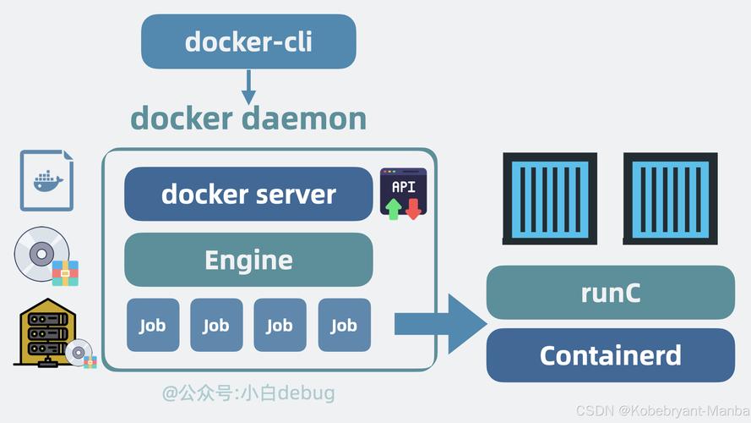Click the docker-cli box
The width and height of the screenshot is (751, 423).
click(248, 41)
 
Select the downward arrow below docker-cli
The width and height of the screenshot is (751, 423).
click(248, 86)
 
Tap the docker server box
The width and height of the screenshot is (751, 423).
click(248, 194)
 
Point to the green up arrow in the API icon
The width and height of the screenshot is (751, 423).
click(394, 208)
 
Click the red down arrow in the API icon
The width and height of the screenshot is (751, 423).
click(413, 208)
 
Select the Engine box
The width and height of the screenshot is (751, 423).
click(248, 260)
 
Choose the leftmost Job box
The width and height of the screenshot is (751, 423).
click(153, 325)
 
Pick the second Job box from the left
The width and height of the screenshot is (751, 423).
click(216, 325)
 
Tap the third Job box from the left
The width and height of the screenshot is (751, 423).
click(280, 325)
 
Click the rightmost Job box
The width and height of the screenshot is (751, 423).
click(344, 325)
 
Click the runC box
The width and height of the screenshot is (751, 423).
click(610, 293)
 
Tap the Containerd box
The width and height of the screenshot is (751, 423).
click(610, 355)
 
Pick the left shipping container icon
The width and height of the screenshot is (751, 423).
click(549, 197)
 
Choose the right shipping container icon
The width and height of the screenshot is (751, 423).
click(670, 197)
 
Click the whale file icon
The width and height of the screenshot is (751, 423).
click(46, 179)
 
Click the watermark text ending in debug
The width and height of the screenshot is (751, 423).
click(248, 393)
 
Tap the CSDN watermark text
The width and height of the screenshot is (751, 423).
click(659, 410)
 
